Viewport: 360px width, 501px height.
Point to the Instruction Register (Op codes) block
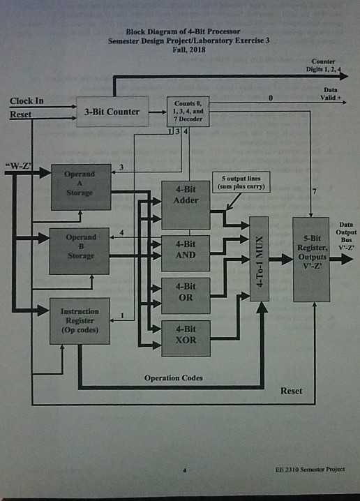[80, 320]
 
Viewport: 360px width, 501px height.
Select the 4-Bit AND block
[185, 250]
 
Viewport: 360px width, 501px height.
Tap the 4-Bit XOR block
[185, 335]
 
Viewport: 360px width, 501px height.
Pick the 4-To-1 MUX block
[259, 258]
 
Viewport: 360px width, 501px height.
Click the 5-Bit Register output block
[311, 258]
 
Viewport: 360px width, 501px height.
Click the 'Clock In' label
[27, 101]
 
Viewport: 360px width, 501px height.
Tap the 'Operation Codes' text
[174, 377]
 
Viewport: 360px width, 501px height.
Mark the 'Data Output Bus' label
[345, 230]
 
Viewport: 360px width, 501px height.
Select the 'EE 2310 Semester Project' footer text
[309, 470]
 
